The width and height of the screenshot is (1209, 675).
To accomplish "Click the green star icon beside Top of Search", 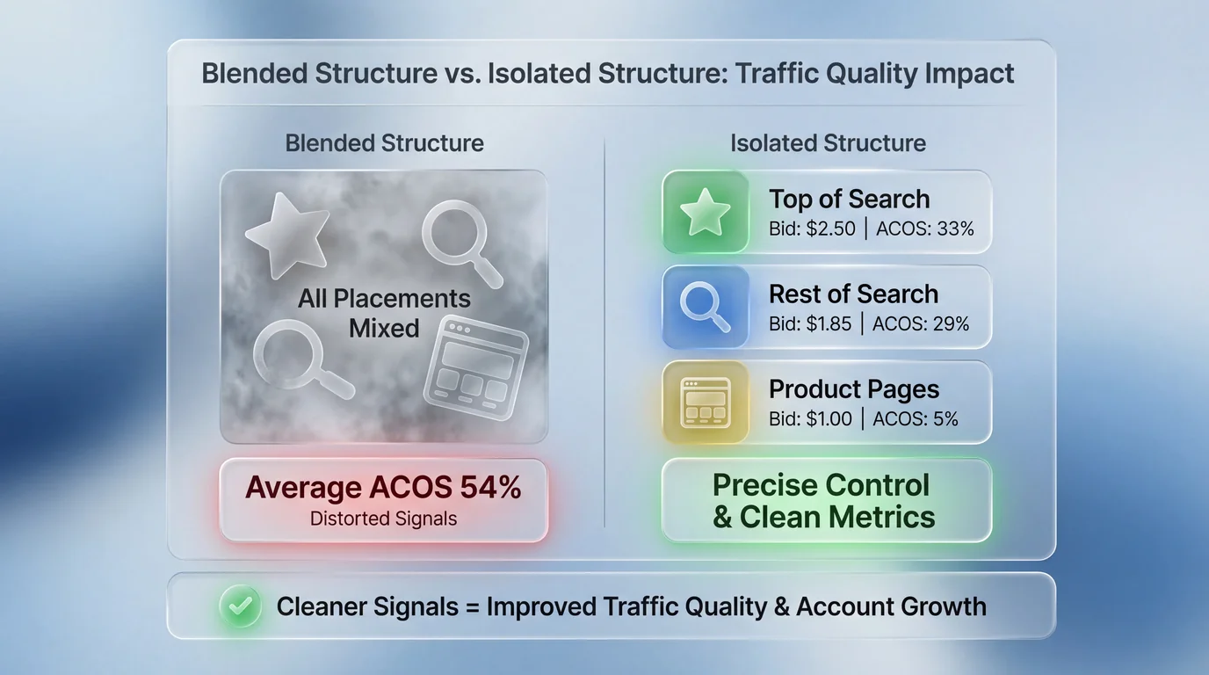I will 706,214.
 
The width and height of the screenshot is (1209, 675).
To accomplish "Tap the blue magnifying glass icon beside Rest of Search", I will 706,308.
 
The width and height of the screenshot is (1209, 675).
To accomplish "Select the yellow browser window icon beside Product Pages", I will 706,403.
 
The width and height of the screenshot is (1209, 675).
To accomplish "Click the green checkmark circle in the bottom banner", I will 240,606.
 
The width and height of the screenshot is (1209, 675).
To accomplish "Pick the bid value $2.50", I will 830,229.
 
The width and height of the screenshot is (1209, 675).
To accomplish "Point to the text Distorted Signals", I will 383,519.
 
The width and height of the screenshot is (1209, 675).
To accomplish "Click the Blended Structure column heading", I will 384,143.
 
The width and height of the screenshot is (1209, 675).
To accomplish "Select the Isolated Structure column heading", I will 828,143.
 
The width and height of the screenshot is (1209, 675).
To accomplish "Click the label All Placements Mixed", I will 384,313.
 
